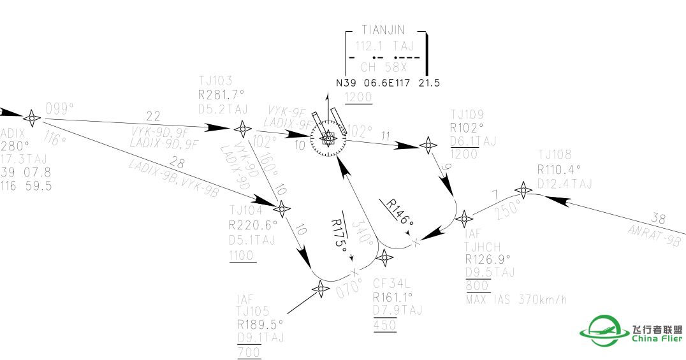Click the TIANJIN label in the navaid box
click(383, 30)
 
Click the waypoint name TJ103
click(215, 80)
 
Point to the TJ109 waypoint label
click(467, 115)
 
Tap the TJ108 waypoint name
click(555, 155)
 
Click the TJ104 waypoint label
click(245, 210)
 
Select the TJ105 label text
click(253, 310)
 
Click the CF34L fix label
click(391, 283)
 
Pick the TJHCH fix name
click(483, 247)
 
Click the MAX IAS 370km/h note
click(516, 299)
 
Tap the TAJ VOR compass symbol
click(328, 138)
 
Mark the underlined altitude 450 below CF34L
click(384, 325)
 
